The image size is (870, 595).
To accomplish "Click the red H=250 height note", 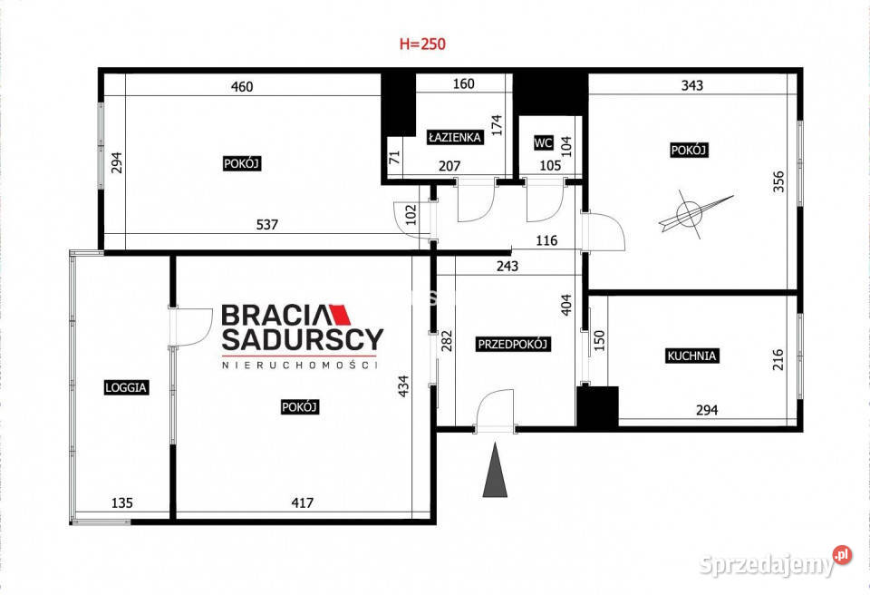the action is click(x=422, y=44).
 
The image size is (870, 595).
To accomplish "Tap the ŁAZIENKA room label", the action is click(x=455, y=137).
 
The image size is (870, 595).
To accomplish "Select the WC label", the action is click(x=543, y=142).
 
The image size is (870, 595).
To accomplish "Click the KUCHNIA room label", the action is click(x=691, y=356).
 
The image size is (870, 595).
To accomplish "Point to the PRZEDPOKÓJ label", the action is click(x=513, y=344).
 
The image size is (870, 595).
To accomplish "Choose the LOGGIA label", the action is click(x=126, y=387).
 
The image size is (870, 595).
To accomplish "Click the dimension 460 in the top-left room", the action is click(x=242, y=87).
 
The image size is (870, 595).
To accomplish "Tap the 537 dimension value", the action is click(x=266, y=224).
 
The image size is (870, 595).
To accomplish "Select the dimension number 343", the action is click(x=691, y=85).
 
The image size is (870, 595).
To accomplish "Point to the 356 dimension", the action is click(x=778, y=181).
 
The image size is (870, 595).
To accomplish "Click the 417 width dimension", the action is click(x=303, y=502).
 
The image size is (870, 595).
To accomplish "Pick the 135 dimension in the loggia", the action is click(x=122, y=502).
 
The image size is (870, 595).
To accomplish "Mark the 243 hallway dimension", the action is click(x=507, y=266).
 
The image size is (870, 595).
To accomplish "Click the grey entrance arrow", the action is click(x=495, y=470).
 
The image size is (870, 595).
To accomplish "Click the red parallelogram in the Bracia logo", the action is click(x=341, y=315).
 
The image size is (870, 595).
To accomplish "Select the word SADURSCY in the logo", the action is click(x=303, y=339).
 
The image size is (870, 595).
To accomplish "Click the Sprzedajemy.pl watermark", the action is click(x=775, y=563).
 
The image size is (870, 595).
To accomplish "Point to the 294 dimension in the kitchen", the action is click(x=707, y=410).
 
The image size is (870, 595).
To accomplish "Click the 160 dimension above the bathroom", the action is click(x=463, y=83).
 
